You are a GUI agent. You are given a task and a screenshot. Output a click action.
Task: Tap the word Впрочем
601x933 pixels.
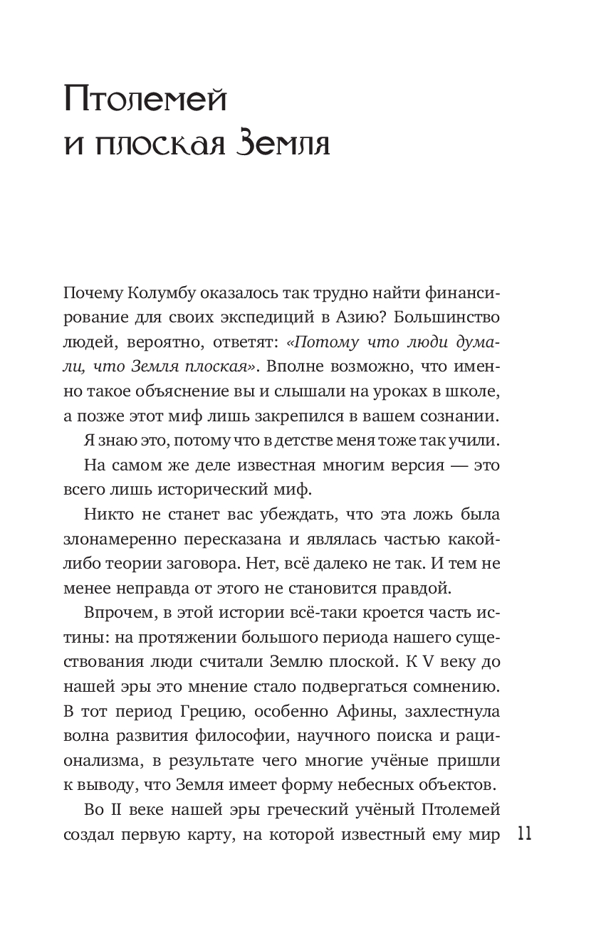(x=119, y=613)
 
